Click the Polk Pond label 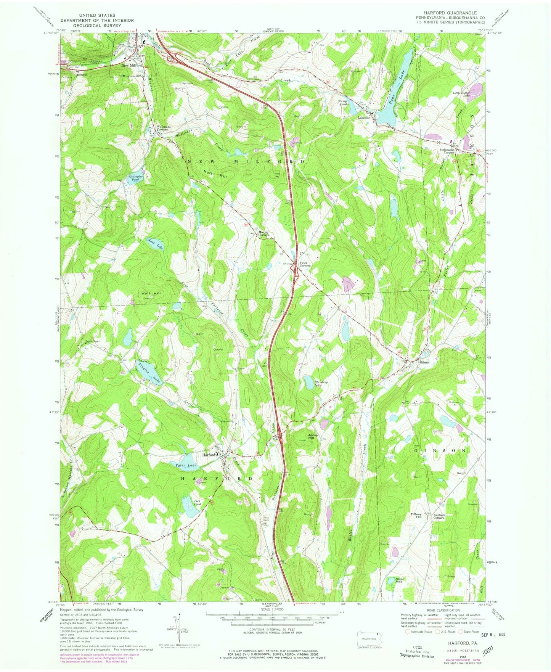197,503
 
